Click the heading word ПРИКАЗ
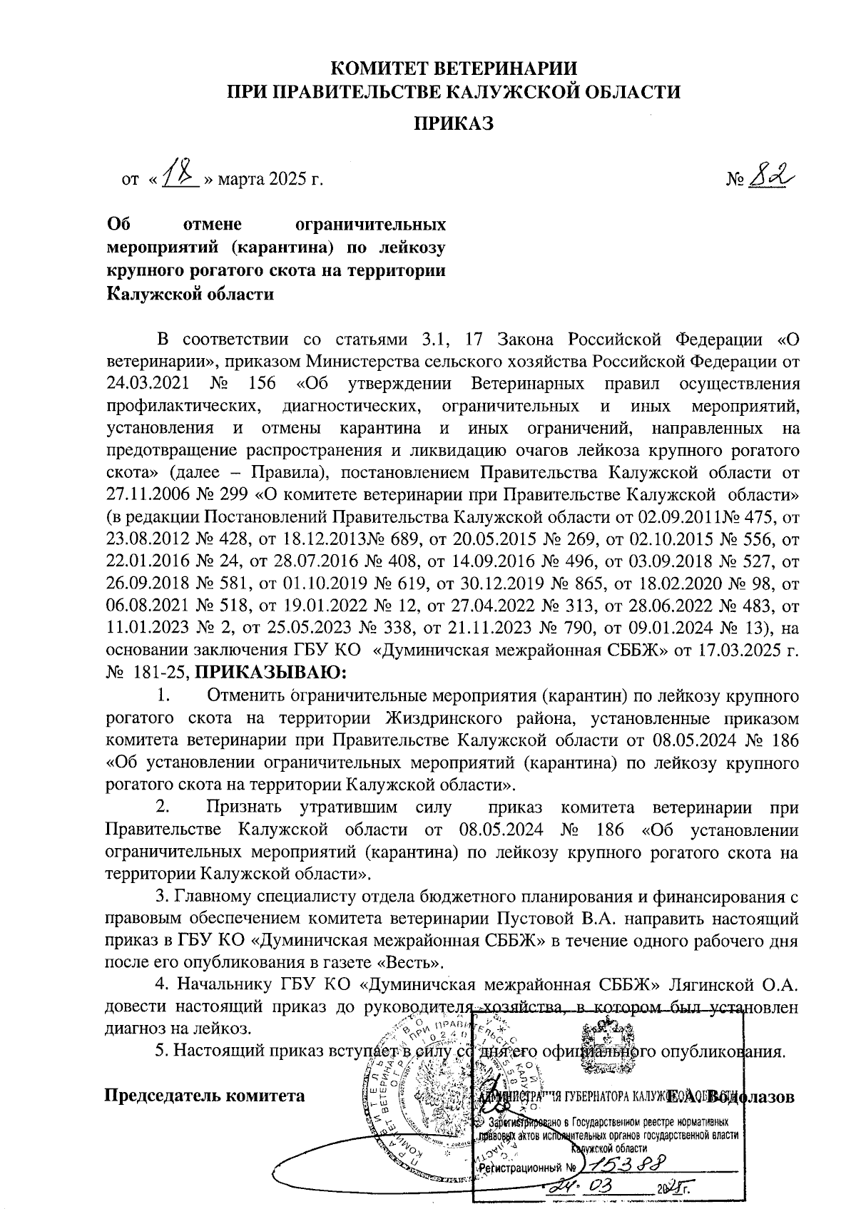tap(454, 123)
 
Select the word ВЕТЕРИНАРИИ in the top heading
tap(493, 69)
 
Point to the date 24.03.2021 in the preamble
tap(148, 383)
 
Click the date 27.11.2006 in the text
tap(148, 494)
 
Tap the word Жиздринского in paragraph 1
tap(444, 717)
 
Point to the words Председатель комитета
tap(205, 1095)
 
